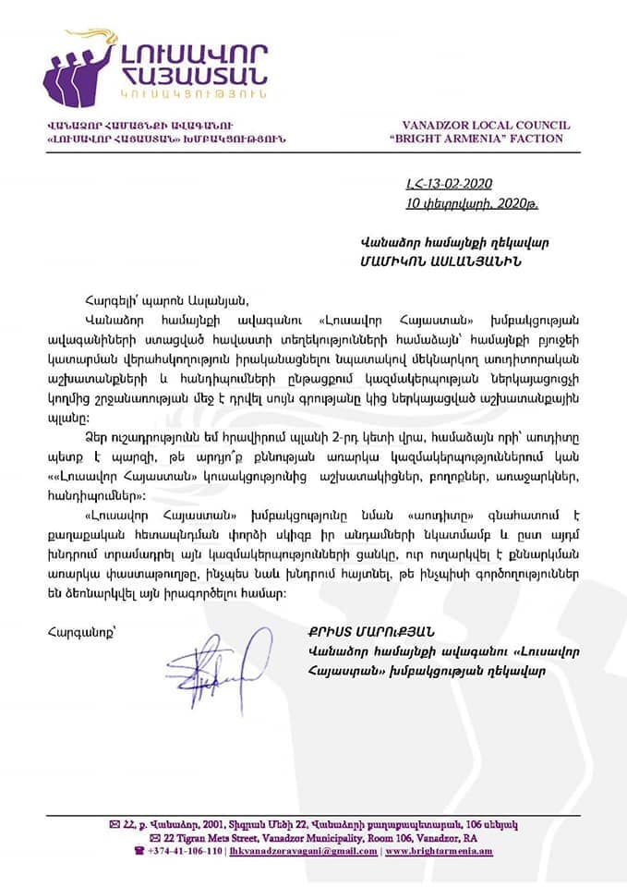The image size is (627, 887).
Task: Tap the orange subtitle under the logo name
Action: click(193, 93)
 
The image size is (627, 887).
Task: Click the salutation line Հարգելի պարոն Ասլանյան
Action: click(152, 298)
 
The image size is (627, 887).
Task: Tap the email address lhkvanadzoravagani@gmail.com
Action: click(303, 850)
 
